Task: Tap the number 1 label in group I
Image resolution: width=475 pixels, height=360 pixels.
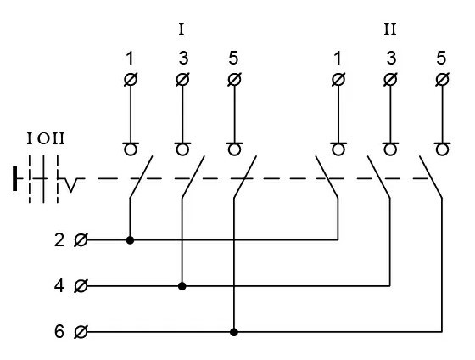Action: click(130, 59)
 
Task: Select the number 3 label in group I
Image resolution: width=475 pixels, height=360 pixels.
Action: click(182, 59)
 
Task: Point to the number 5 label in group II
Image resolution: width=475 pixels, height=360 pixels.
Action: click(441, 59)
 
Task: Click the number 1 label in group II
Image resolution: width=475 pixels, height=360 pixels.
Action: click(338, 59)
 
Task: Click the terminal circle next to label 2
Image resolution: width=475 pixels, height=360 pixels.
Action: click(81, 240)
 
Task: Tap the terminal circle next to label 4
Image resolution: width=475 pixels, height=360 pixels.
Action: click(81, 286)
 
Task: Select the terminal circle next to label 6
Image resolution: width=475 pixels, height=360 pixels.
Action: click(81, 331)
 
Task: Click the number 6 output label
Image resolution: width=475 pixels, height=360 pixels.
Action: click(59, 331)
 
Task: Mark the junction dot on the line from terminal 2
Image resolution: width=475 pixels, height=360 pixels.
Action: click(130, 240)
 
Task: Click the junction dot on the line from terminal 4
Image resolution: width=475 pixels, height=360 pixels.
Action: click(182, 286)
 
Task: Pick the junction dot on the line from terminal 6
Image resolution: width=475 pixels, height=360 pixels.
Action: click(233, 331)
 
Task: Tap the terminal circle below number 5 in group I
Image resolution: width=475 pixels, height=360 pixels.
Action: click(233, 80)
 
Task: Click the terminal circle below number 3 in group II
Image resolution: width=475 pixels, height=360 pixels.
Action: click(389, 80)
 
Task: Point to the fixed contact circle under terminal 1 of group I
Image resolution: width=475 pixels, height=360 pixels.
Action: click(130, 150)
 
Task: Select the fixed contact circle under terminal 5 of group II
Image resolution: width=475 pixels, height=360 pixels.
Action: click(441, 150)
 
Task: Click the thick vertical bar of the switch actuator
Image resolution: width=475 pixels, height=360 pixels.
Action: click(16, 179)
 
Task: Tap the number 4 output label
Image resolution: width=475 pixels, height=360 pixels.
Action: click(59, 286)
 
